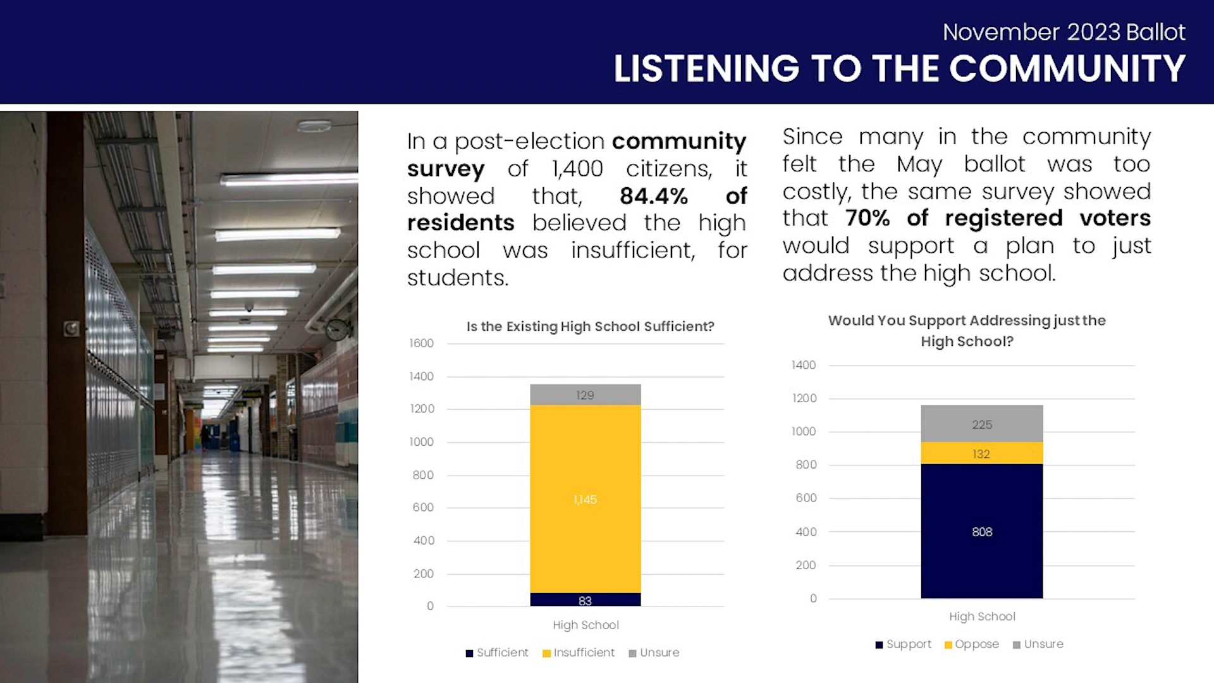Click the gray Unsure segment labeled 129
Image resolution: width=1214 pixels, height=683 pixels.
(585, 395)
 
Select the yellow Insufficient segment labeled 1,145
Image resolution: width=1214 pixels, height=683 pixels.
(585, 499)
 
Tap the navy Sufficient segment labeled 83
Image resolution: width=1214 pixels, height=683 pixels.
(585, 600)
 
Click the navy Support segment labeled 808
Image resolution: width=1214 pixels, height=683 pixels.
(981, 531)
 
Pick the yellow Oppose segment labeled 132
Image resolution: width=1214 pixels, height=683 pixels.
(981, 453)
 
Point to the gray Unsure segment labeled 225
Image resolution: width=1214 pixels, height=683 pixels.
(981, 424)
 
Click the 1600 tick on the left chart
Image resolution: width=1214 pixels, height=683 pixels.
(421, 343)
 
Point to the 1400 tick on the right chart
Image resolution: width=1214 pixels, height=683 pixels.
(804, 365)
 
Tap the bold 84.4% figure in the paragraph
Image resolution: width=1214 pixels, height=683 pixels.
(654, 196)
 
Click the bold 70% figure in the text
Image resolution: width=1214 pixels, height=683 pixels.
(868, 218)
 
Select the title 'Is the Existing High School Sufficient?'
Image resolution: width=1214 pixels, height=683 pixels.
(590, 327)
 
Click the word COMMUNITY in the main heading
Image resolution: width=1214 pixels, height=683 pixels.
(1067, 68)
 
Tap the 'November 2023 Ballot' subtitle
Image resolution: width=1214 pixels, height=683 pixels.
(1064, 32)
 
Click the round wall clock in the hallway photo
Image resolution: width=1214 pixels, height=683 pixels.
(338, 329)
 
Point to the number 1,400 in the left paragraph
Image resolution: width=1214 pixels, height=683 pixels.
(577, 169)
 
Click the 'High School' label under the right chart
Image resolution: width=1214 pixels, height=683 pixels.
(982, 617)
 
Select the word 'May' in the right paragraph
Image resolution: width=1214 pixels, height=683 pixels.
(919, 165)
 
